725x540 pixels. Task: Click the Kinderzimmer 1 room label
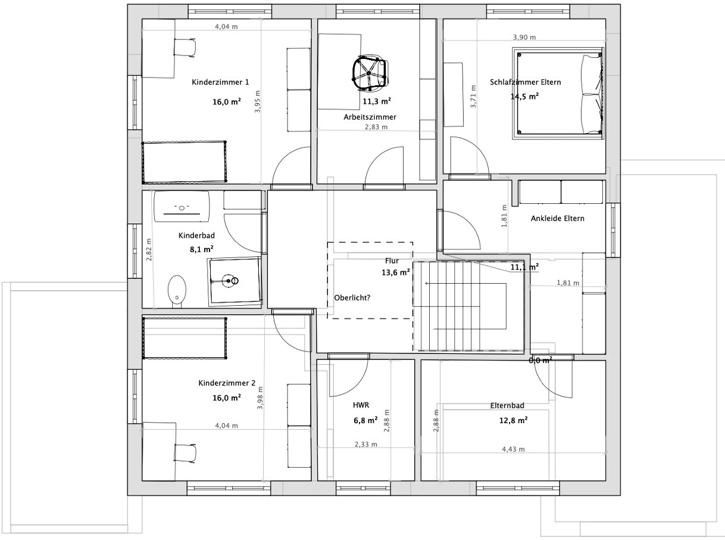[x=220, y=82]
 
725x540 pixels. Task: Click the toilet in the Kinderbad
[x=176, y=290]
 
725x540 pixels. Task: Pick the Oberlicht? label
[x=352, y=298]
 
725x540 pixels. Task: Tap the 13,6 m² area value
[x=395, y=272]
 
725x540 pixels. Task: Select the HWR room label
[x=361, y=405]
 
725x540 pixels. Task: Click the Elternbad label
[x=507, y=406]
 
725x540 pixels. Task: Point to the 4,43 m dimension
[x=513, y=449]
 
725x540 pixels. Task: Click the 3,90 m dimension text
[x=524, y=37]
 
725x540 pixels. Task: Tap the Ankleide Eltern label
[x=557, y=218]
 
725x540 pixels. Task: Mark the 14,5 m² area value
[x=524, y=96]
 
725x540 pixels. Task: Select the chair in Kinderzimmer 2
[x=185, y=453]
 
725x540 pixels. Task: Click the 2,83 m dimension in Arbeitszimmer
[x=376, y=127]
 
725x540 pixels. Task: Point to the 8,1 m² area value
[x=202, y=250]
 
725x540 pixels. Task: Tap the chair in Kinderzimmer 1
[x=184, y=48]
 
